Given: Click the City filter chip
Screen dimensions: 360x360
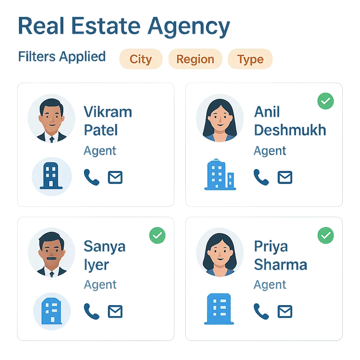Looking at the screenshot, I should pyautogui.click(x=141, y=59).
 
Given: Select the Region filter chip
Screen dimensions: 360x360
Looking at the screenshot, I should pyautogui.click(x=195, y=59).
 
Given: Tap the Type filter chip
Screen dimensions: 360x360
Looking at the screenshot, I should pyautogui.click(x=250, y=59).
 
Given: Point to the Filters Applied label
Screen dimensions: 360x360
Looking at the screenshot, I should pyautogui.click(x=62, y=57).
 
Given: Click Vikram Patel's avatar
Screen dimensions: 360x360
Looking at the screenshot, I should pyautogui.click(x=52, y=119).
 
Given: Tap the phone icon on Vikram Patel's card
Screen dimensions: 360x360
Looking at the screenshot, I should pyautogui.click(x=91, y=177).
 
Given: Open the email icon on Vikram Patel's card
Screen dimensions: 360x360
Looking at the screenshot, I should pyautogui.click(x=115, y=178).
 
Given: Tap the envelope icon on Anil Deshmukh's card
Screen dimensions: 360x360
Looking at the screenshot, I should pyautogui.click(x=285, y=178).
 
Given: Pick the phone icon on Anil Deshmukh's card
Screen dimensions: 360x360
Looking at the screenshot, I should pyautogui.click(x=261, y=177).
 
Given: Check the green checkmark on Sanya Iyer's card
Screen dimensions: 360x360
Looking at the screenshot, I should pyautogui.click(x=157, y=235).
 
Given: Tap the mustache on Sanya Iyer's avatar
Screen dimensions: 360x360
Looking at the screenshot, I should pyautogui.click(x=51, y=258).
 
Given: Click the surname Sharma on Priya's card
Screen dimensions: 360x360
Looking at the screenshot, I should pyautogui.click(x=280, y=265).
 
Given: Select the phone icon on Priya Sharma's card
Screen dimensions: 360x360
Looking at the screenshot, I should pyautogui.click(x=261, y=311).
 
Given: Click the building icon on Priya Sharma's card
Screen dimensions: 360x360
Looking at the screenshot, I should pyautogui.click(x=219, y=309).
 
